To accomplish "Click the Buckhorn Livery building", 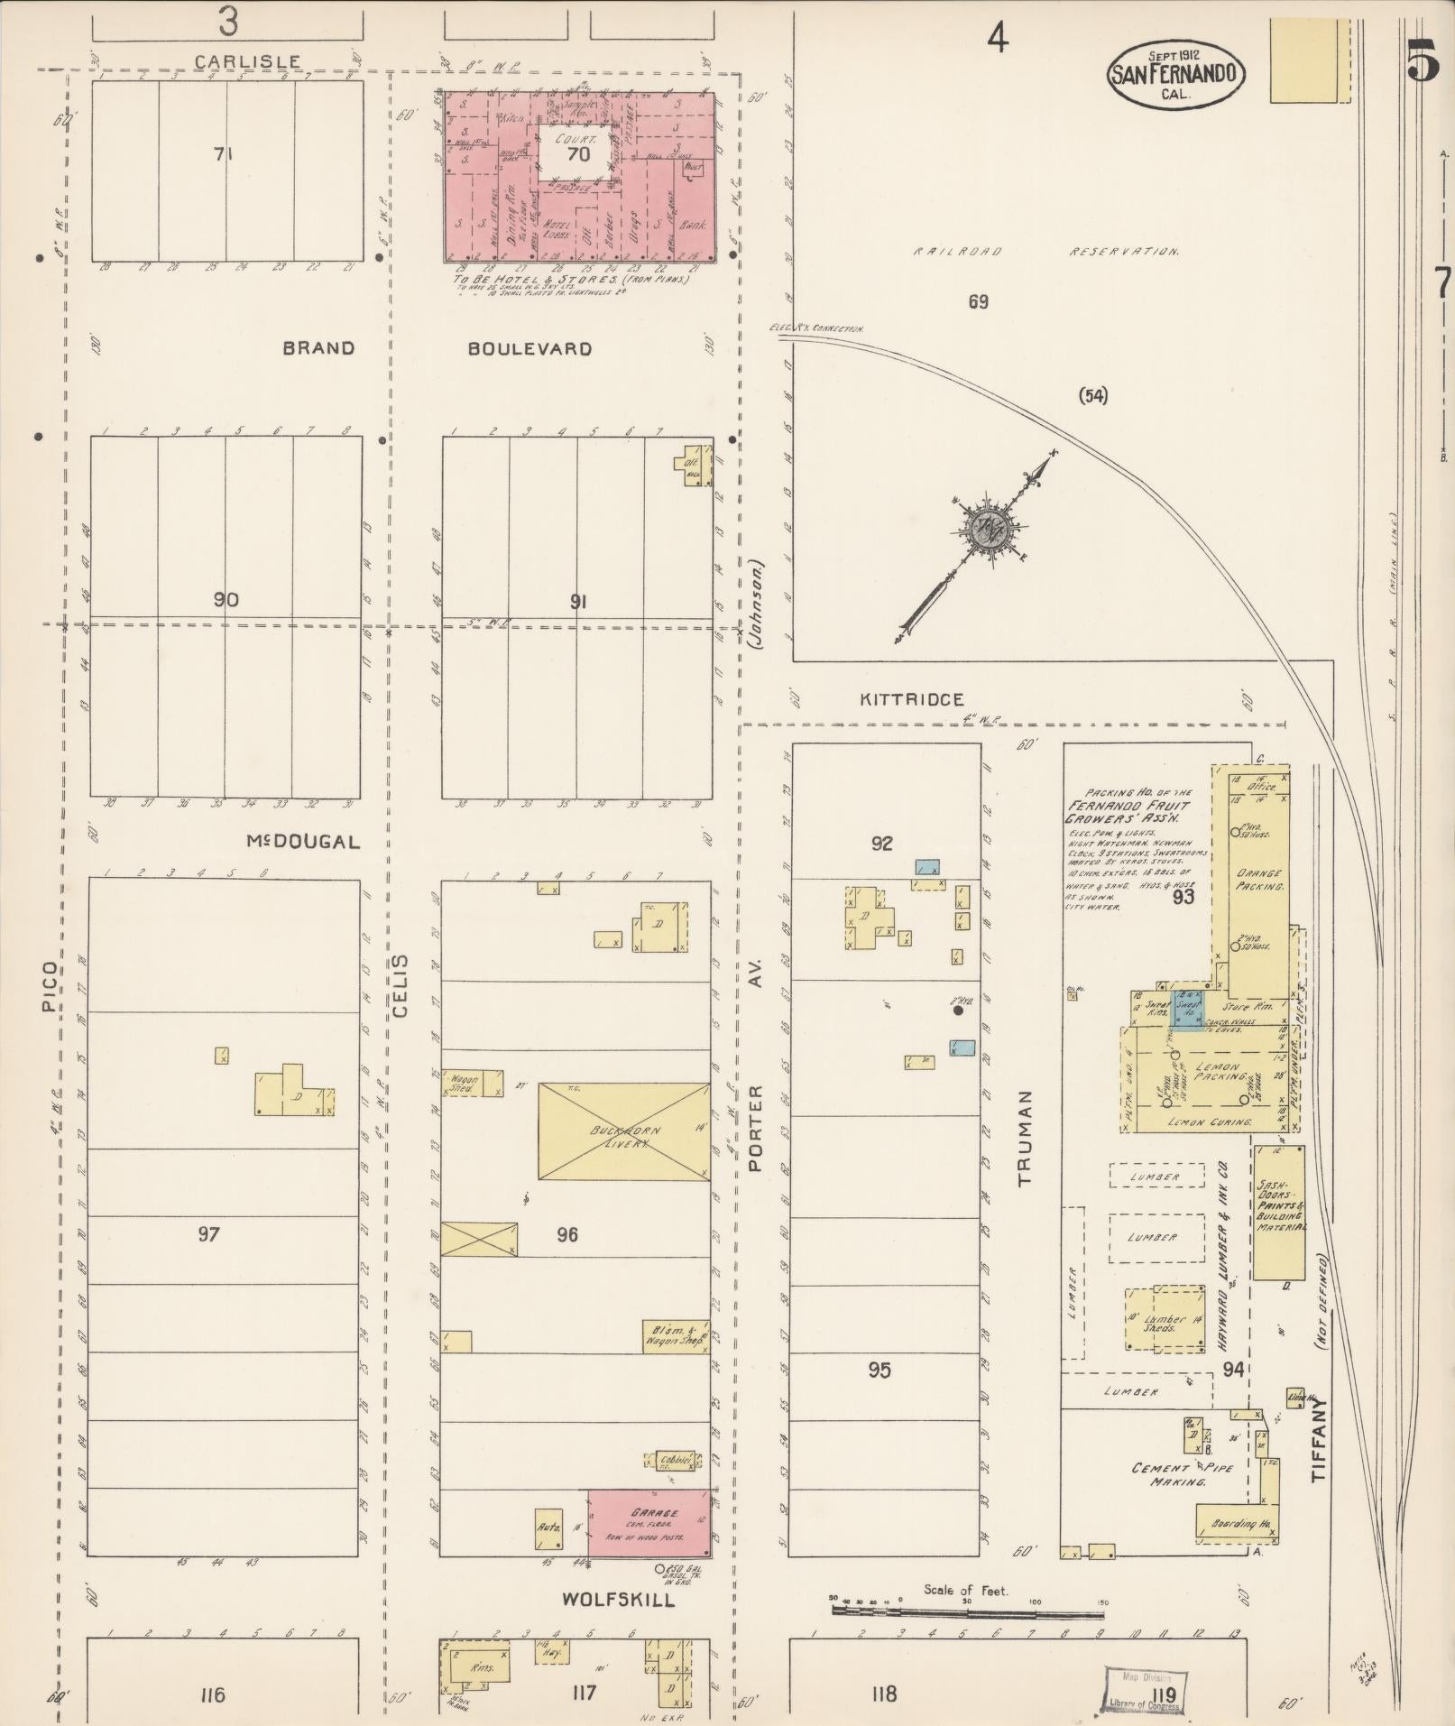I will [x=622, y=1131].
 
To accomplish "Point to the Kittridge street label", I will [x=911, y=699].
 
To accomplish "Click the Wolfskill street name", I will [x=618, y=1600].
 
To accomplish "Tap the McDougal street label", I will [x=302, y=842].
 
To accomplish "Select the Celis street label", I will [x=401, y=985].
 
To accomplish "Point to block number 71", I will [x=224, y=154].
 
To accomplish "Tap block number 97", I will [x=208, y=1233].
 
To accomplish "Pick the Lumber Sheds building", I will [x=1165, y=1323].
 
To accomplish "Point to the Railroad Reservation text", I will [x=1046, y=252].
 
